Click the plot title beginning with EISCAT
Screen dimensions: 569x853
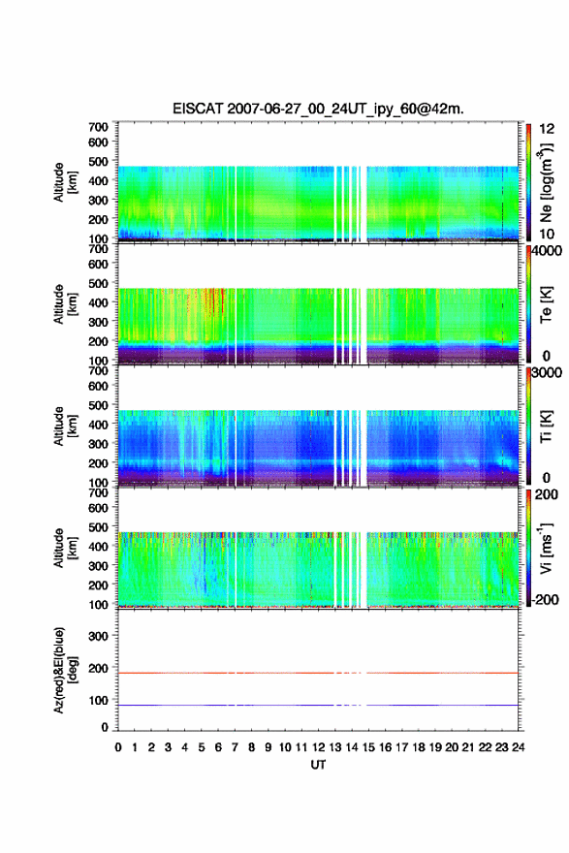318,109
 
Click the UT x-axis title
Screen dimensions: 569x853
318,765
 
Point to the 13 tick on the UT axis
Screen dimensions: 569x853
334,747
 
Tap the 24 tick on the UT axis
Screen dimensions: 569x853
518,747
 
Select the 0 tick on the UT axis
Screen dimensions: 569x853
118,747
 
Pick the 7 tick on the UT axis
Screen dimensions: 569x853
235,747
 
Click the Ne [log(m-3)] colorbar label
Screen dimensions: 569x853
547,183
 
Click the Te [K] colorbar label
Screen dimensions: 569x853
546,305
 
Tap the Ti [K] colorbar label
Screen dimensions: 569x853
546,426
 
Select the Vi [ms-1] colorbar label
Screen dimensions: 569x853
547,548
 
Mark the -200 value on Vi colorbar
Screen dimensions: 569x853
544,599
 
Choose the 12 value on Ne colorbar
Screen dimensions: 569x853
547,129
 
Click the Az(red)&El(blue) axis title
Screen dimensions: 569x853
65,670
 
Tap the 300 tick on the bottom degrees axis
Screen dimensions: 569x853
99,636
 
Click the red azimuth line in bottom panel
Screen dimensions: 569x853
318,673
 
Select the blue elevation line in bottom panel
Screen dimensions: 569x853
318,705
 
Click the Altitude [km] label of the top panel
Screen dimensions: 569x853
65,182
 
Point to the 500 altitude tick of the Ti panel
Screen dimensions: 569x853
99,405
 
